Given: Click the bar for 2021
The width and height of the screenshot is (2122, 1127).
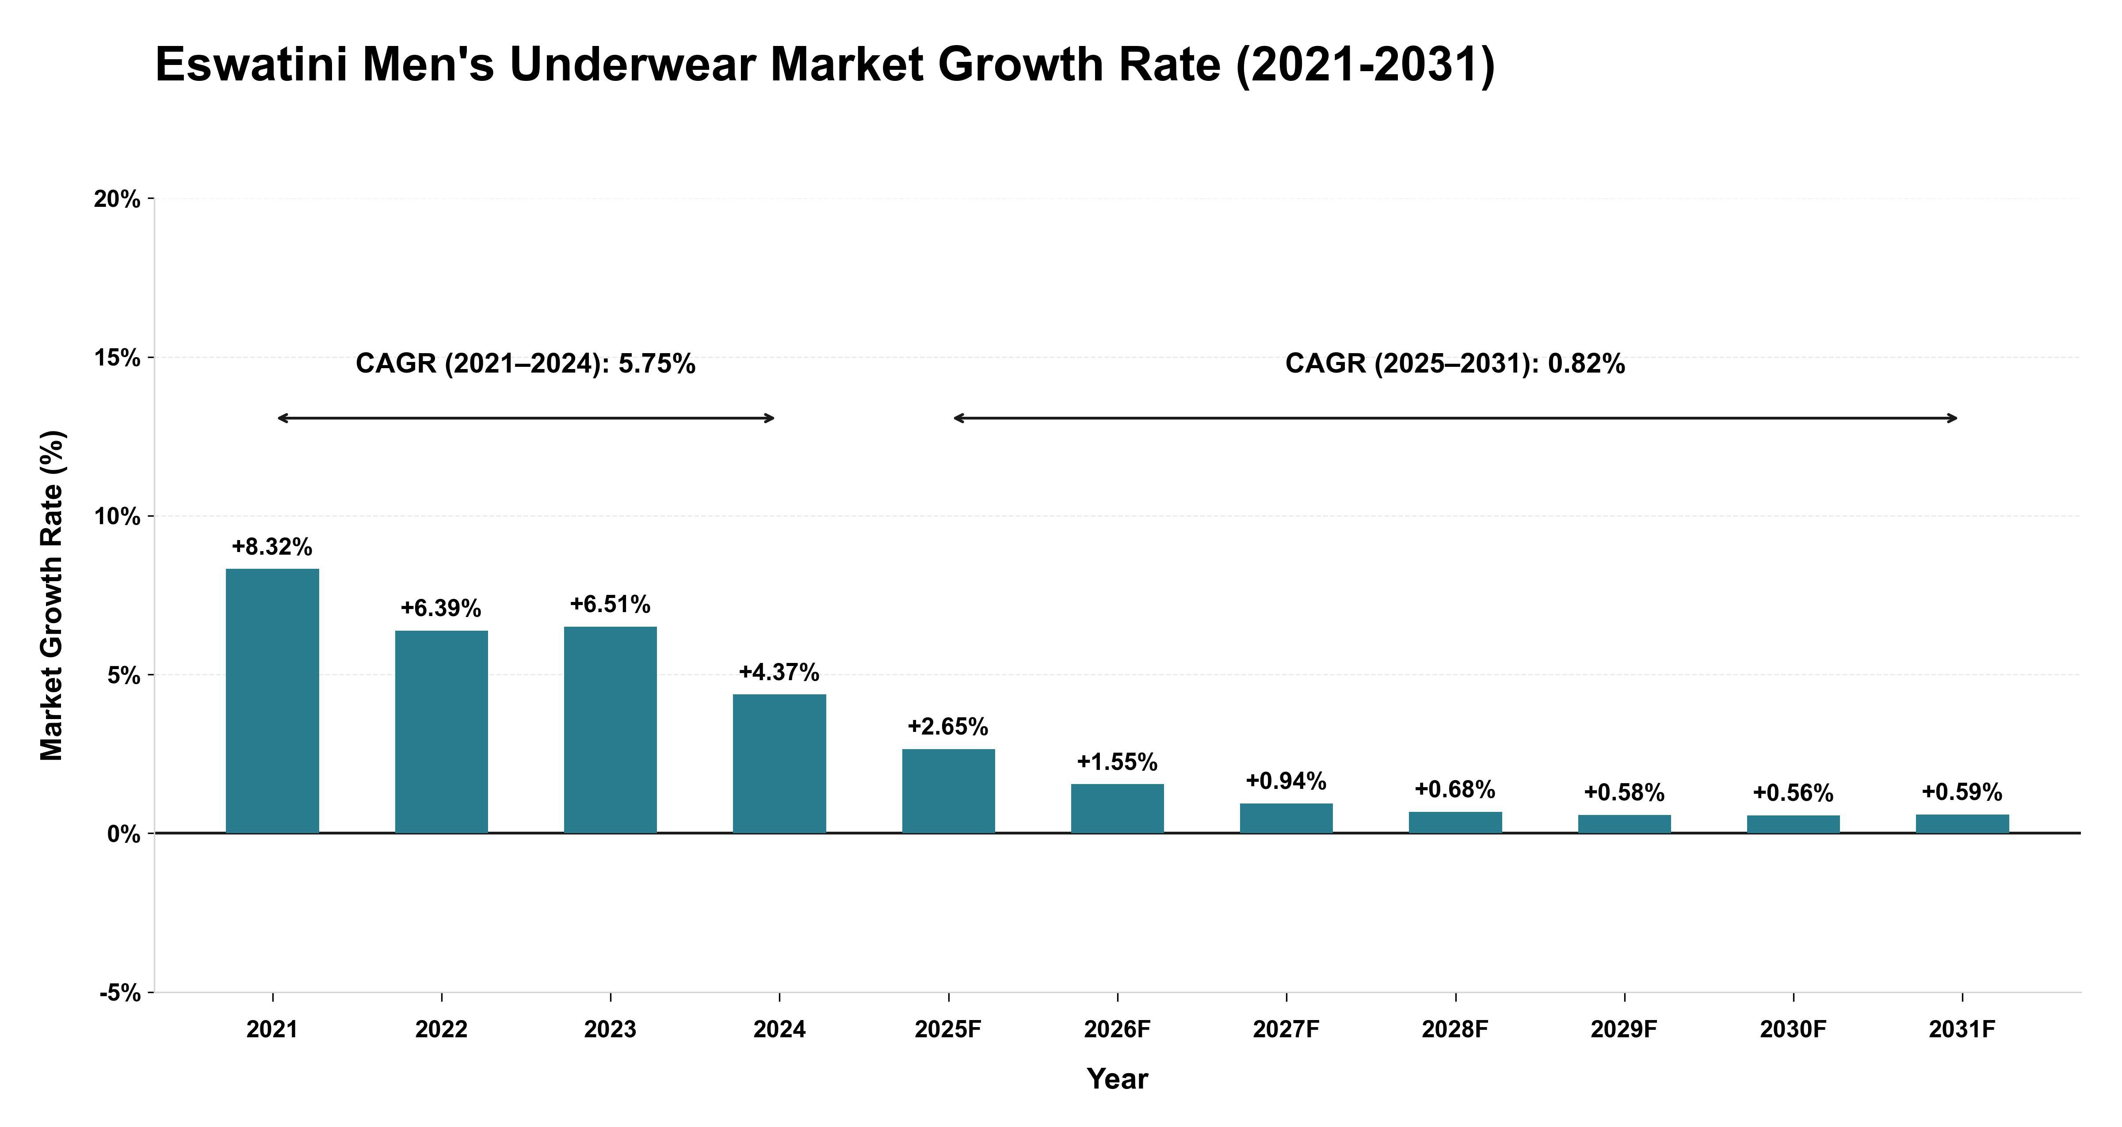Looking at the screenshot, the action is point(273,701).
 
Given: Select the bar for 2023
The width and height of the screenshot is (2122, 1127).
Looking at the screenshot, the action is point(611,730).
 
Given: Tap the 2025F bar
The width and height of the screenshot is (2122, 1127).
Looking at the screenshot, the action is point(948,791).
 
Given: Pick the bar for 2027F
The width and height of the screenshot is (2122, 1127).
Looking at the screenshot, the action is point(1286,818).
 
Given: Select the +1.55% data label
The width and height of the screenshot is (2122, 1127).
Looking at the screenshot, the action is point(1117,762).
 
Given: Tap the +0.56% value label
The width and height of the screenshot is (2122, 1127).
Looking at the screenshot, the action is point(1793,793).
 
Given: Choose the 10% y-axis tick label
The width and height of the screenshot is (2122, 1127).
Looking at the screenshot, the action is point(117,517).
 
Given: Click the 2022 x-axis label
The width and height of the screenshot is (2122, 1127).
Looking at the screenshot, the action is point(442,1030).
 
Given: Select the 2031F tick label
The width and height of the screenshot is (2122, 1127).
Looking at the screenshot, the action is point(1962,1030).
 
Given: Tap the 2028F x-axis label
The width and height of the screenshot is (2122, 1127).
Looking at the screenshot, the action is point(1456,1030).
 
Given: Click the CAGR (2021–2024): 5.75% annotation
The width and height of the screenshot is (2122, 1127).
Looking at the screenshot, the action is point(526,363).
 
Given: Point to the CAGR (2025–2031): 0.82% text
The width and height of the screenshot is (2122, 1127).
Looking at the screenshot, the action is point(1456,363).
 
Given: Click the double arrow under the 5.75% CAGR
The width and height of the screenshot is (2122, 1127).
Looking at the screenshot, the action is point(527,419).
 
